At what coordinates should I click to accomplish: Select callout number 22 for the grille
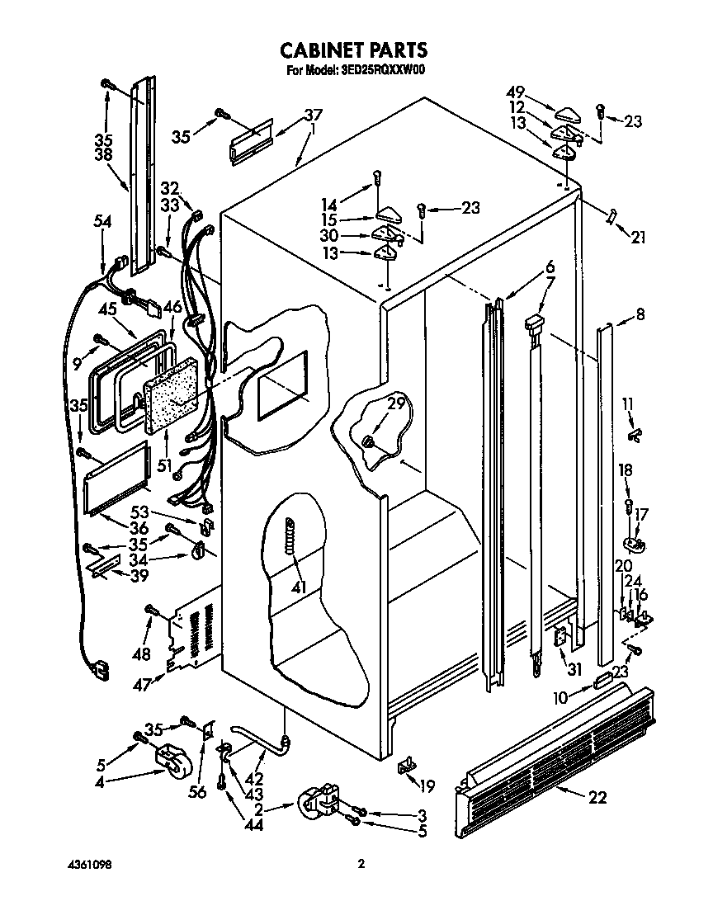pyautogui.click(x=598, y=797)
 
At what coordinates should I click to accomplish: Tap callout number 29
pyautogui.click(x=396, y=404)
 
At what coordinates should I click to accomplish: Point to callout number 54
pyautogui.click(x=102, y=221)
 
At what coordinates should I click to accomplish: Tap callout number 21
pyautogui.click(x=638, y=238)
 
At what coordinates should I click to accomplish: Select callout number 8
pyautogui.click(x=640, y=314)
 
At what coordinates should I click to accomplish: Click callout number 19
pyautogui.click(x=427, y=785)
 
